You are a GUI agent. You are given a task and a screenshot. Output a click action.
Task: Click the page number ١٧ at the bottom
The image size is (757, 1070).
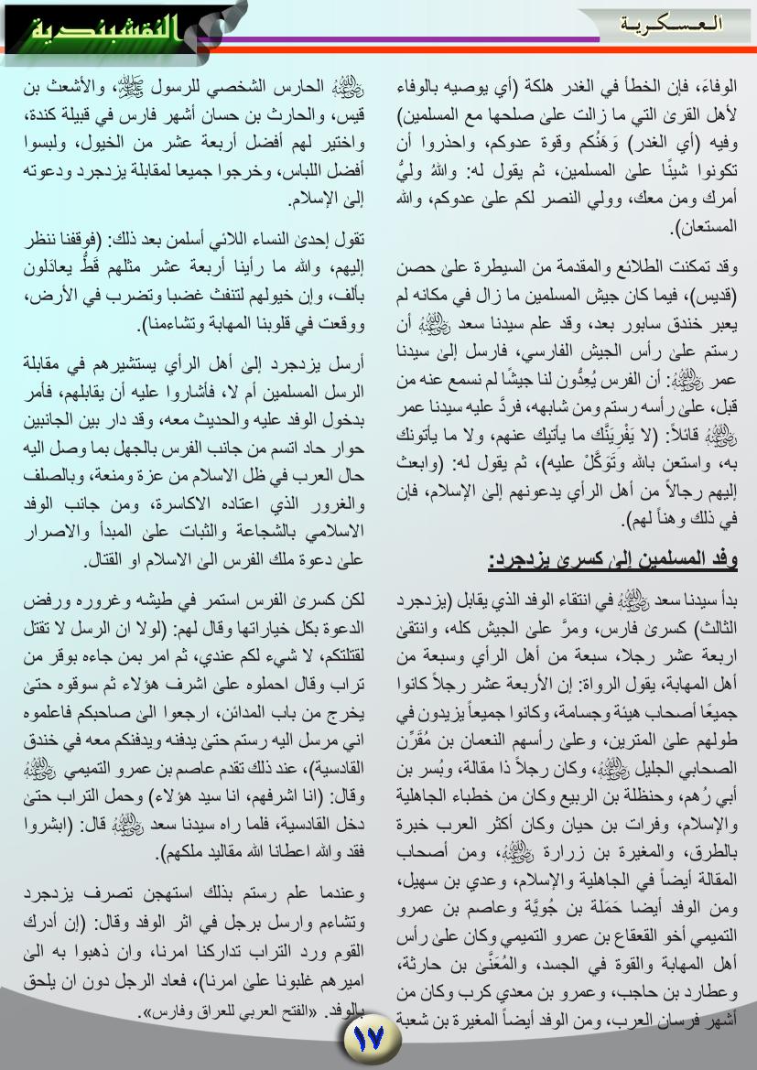(x=372, y=1039)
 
